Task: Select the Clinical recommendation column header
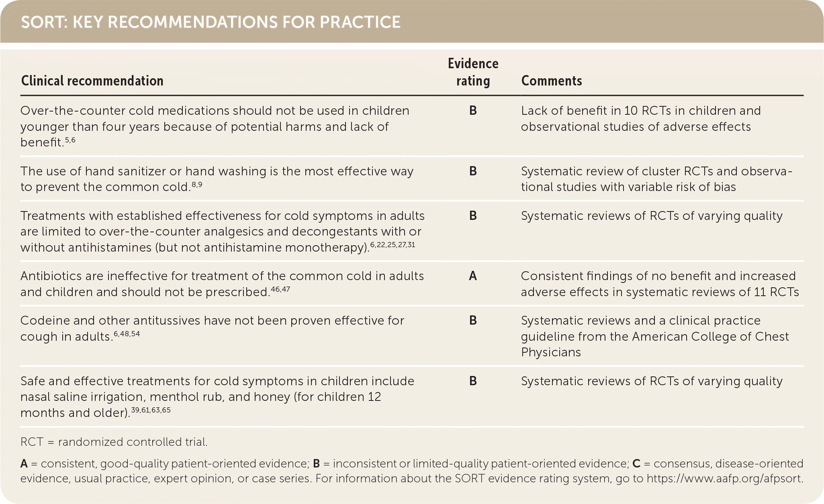pyautogui.click(x=92, y=81)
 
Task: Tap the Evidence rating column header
pyautogui.click(x=473, y=72)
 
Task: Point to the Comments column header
pyautogui.click(x=551, y=81)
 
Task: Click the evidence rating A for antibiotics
pyautogui.click(x=473, y=276)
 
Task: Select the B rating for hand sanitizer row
pyautogui.click(x=473, y=171)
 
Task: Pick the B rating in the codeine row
pyautogui.click(x=473, y=321)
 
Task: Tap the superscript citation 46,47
pyautogui.click(x=280, y=289)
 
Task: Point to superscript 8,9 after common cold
pyautogui.click(x=196, y=185)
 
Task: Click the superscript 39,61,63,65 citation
pyautogui.click(x=151, y=410)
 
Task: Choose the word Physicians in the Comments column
pyautogui.click(x=551, y=352)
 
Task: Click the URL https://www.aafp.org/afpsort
pyautogui.click(x=725, y=479)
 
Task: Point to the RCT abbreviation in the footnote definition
pyautogui.click(x=32, y=442)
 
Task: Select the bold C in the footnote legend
pyautogui.click(x=636, y=464)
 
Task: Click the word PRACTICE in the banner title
pyautogui.click(x=360, y=22)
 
